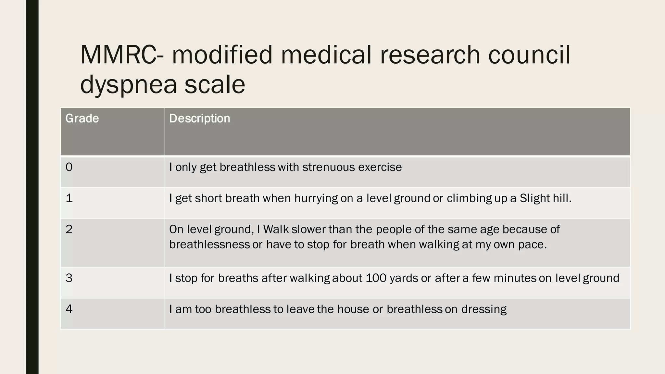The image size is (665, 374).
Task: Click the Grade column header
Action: [x=82, y=118]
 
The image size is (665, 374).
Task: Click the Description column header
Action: [x=199, y=118]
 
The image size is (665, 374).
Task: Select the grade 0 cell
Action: [x=69, y=167]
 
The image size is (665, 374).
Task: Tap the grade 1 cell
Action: [x=69, y=198]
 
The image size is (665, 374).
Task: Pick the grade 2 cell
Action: [x=69, y=229]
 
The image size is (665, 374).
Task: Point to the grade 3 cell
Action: [x=69, y=278]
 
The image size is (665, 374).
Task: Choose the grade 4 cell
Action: [x=69, y=309]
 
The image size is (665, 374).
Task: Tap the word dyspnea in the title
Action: [x=129, y=84]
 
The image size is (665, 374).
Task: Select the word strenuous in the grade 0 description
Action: [x=328, y=167]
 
